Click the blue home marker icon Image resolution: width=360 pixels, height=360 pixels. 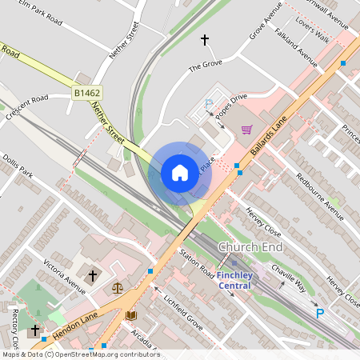(x=180, y=172)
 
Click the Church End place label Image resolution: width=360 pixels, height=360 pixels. (x=250, y=247)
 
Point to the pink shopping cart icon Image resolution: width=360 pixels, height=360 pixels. (x=246, y=129)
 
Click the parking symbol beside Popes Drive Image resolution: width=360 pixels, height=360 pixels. (x=210, y=103)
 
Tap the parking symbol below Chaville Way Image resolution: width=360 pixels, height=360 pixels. (x=320, y=314)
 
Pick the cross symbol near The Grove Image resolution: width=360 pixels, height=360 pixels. (x=204, y=39)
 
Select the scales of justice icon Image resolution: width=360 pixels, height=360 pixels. (x=118, y=287)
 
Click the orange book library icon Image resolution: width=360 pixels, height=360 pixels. (x=131, y=315)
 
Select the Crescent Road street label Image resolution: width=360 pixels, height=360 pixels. (x=26, y=109)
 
